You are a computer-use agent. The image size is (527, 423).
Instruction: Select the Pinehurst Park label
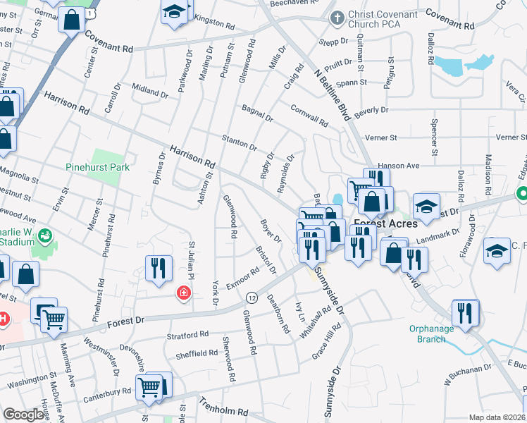pos(97,168)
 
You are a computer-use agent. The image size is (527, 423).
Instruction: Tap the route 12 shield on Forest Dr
pos(252,299)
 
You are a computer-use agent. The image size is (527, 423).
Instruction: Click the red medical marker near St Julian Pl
pos(184,293)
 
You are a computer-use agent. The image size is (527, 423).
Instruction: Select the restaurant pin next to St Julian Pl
pos(159,268)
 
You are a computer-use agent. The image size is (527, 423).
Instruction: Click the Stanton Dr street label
pos(240,142)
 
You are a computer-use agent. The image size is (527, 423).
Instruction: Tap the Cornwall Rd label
pos(310,116)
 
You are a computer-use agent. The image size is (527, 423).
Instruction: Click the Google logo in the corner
pos(23,415)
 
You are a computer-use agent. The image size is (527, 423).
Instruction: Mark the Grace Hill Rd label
pos(328,340)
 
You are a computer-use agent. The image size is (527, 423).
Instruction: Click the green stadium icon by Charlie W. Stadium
pos(45,235)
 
